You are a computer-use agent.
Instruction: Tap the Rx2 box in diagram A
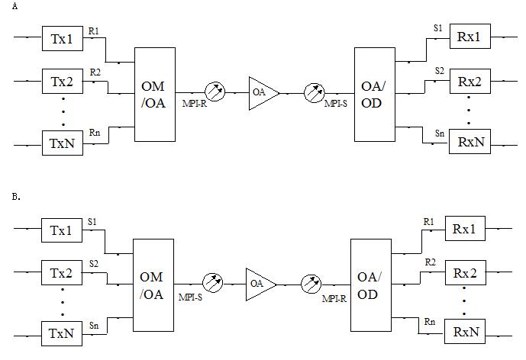470,81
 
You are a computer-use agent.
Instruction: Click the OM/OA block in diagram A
155,93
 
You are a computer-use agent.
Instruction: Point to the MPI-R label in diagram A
194,103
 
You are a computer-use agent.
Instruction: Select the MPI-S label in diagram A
336,103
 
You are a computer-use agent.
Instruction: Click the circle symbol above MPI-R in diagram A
215,92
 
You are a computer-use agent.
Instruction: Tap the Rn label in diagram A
94,133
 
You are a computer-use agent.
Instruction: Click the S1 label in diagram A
437,28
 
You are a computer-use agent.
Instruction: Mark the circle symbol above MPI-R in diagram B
311,283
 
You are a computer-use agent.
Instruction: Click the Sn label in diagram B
93,326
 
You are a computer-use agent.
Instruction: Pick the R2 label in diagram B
430,262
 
